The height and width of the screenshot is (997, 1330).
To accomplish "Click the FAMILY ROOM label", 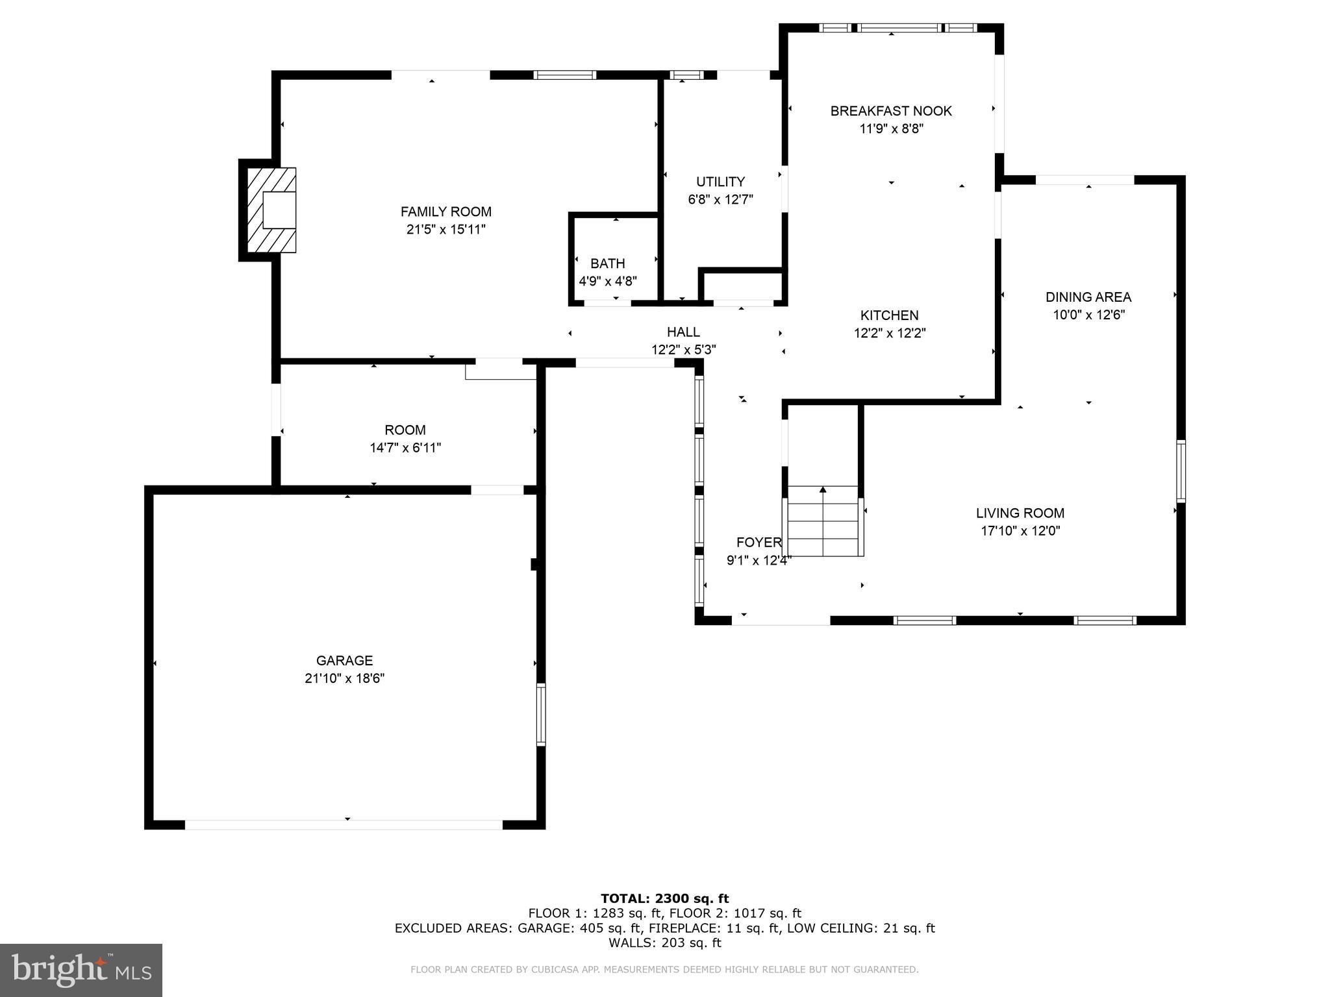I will click(445, 212).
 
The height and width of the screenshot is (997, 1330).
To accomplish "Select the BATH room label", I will click(607, 264).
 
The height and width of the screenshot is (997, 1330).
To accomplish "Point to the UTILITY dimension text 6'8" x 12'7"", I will click(720, 200).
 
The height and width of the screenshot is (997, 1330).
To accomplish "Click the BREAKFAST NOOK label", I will click(891, 111).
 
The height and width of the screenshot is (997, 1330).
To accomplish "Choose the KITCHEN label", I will click(889, 315).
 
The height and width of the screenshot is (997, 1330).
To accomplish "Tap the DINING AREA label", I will click(1088, 297).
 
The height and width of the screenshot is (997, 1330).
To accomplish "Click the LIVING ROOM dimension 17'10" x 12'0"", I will click(1020, 531).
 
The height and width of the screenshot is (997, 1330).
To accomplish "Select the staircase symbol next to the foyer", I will click(823, 521).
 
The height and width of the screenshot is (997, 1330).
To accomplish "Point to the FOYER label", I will click(759, 543).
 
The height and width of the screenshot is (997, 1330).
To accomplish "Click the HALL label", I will click(683, 332).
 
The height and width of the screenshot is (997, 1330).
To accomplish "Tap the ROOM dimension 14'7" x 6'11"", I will click(405, 448).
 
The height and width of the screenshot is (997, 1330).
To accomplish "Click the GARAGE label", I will click(344, 661).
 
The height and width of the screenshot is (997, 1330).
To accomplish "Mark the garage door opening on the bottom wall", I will click(344, 824).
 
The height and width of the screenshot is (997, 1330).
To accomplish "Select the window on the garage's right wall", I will click(540, 714).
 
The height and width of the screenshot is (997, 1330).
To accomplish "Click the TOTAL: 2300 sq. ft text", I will click(664, 898).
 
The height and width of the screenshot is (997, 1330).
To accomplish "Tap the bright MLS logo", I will click(81, 970).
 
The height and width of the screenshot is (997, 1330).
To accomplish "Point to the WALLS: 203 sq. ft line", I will click(664, 942).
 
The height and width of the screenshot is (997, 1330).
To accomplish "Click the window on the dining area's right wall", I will click(1181, 471).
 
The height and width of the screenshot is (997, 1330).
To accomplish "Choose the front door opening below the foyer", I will click(781, 621).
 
